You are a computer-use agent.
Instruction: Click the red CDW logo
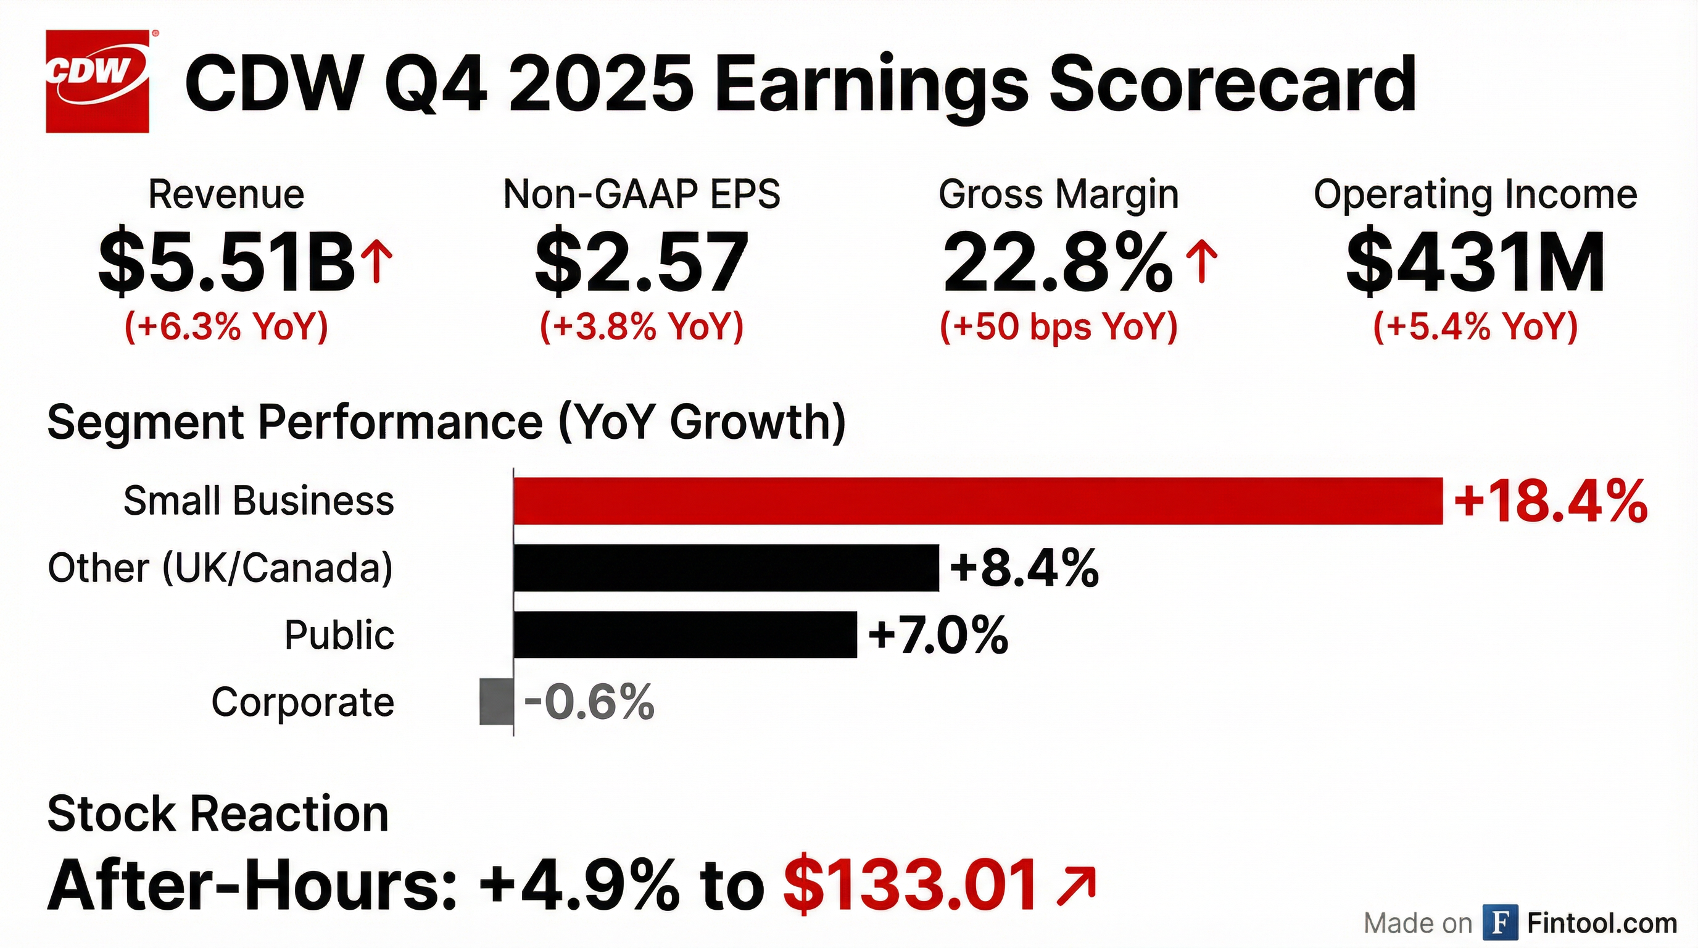pos(97,81)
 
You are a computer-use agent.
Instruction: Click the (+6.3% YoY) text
pos(226,326)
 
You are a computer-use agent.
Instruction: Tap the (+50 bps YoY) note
pos(1059,326)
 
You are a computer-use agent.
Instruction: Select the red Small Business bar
pos(977,501)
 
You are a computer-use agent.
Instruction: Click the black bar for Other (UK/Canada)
pos(726,568)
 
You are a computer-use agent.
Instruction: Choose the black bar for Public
pos(685,634)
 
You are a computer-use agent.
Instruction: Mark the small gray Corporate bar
pos(495,702)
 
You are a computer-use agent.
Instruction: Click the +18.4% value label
pos(1550,502)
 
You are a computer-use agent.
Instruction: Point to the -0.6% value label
pos(589,702)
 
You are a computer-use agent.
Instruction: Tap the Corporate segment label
pos(302,702)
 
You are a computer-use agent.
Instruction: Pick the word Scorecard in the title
pos(1232,85)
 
